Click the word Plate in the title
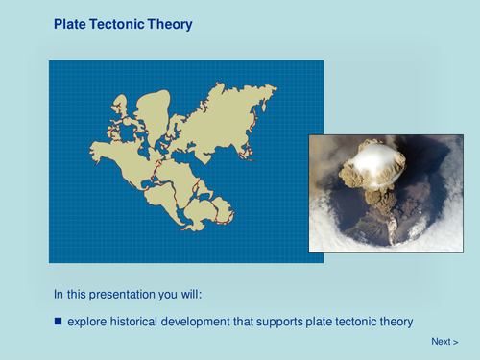click(71, 24)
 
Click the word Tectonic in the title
click(121, 24)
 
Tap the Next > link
click(444, 342)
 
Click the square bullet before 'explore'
click(58, 320)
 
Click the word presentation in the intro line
click(128, 293)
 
